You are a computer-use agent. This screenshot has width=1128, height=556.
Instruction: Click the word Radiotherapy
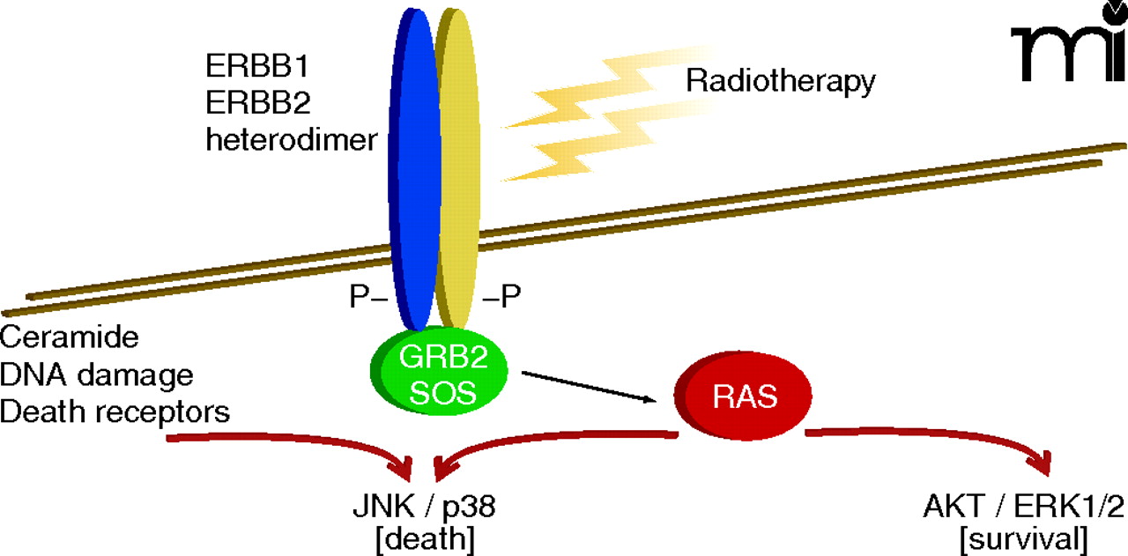coord(781,82)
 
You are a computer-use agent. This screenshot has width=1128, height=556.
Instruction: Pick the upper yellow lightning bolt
coord(608,88)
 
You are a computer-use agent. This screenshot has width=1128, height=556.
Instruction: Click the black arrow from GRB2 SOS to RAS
coord(590,387)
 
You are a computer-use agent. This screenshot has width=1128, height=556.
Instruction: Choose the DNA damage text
coord(97,374)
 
